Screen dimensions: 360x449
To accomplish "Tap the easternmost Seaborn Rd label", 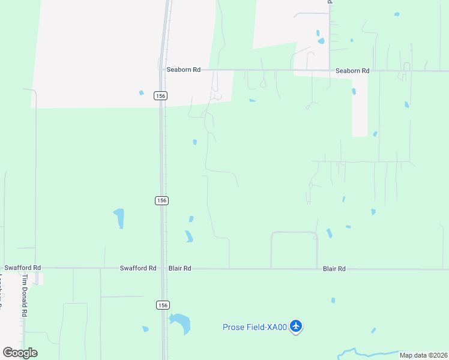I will (352, 71).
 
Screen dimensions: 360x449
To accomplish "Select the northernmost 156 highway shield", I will (160, 95).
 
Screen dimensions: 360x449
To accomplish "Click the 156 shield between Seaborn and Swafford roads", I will (161, 200).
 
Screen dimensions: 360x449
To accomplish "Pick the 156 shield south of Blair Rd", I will (162, 305).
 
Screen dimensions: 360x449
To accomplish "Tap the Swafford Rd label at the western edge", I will (22, 268).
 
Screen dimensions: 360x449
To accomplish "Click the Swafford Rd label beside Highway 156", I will (138, 268).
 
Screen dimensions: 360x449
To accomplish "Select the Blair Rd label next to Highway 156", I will (179, 269).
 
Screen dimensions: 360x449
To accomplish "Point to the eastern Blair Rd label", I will (334, 269).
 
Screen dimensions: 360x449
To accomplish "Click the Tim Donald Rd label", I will (25, 297).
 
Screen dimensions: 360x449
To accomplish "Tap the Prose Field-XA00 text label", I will (255, 327).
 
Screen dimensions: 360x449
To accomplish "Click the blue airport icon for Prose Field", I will (295, 326).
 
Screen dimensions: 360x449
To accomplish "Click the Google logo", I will (20, 353).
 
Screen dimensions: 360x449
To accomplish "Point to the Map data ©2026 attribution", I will (423, 355).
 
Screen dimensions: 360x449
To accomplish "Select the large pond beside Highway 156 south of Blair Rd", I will (181, 323).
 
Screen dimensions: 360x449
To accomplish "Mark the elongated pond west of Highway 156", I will (119, 218).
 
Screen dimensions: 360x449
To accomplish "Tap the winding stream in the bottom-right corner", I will (372, 351).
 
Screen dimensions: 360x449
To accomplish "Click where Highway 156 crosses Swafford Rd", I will (162, 269).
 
